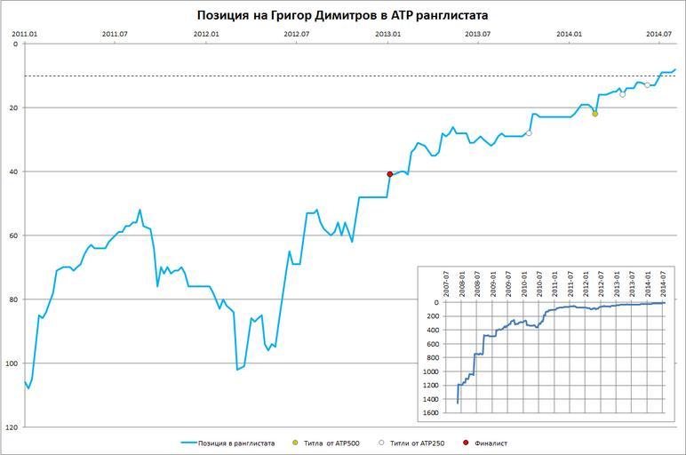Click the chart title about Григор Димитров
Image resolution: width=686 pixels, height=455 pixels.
(342, 15)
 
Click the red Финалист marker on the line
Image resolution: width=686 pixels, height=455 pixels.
(389, 174)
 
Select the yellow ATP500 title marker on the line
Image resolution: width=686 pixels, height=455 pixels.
(594, 114)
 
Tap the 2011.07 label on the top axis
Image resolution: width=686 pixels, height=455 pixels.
(115, 34)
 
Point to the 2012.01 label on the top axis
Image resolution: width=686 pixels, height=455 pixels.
(206, 34)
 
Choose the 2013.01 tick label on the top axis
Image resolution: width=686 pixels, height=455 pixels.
(387, 34)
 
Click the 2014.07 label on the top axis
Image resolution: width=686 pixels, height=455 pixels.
(659, 34)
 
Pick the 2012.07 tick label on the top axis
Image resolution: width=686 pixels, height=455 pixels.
(296, 34)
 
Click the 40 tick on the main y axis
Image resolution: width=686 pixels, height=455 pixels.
(12, 172)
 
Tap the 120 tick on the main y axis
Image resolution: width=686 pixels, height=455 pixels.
(11, 427)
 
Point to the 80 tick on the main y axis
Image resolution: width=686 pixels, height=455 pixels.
(12, 299)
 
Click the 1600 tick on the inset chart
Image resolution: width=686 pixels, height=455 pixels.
(431, 413)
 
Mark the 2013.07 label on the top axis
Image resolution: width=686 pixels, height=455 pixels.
(478, 34)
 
